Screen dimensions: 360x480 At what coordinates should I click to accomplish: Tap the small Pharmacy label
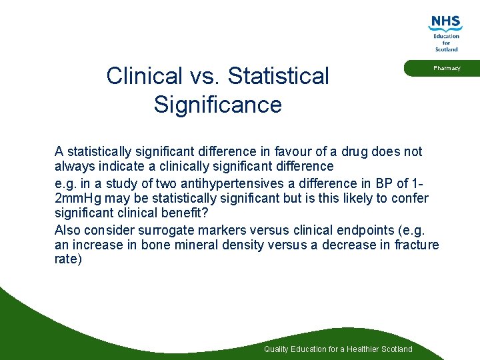[447, 68]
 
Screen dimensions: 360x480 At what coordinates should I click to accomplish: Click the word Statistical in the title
[278, 76]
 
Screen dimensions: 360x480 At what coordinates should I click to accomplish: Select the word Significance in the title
[217, 105]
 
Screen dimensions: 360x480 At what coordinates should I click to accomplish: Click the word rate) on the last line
[68, 259]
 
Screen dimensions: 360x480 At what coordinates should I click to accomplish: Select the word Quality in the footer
[277, 349]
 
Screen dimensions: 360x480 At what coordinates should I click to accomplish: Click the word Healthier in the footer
[360, 349]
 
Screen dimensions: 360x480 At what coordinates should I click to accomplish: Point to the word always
[73, 166]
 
